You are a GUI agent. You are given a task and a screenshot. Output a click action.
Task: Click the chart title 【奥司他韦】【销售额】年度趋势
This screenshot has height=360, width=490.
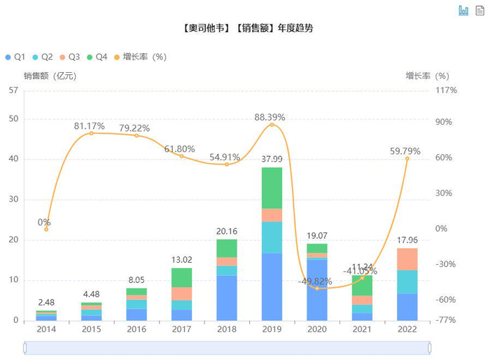(245, 29)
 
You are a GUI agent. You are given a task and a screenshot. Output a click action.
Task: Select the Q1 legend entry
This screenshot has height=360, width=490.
(16, 57)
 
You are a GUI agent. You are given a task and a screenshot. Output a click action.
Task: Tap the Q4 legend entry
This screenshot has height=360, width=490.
(97, 57)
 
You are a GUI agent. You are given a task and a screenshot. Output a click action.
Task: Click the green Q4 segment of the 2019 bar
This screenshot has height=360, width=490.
(272, 188)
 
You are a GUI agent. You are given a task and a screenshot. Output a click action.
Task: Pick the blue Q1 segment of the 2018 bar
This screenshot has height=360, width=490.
(227, 298)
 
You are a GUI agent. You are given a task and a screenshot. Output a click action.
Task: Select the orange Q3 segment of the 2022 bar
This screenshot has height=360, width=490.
(407, 259)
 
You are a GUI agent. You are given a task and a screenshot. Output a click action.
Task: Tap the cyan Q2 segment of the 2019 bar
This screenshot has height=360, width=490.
(272, 237)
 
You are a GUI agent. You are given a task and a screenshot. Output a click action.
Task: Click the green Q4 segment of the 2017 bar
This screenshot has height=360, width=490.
(181, 277)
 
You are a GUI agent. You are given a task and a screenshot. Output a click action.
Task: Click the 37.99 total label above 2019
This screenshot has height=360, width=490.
(272, 159)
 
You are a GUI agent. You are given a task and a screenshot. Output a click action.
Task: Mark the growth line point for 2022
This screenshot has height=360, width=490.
(407, 158)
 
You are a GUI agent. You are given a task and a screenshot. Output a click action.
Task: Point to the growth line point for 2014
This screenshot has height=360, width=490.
(46, 229)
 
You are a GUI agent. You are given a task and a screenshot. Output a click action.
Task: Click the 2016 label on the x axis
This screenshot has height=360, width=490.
(136, 329)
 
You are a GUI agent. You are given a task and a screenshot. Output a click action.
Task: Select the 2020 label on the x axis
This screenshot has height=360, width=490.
(317, 329)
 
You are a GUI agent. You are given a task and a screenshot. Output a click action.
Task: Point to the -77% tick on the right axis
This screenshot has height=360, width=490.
(447, 320)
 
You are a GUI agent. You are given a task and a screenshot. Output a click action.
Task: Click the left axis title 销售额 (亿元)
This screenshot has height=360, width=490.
(49, 76)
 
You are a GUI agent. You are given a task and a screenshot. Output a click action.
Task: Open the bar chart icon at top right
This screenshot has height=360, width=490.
(463, 10)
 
